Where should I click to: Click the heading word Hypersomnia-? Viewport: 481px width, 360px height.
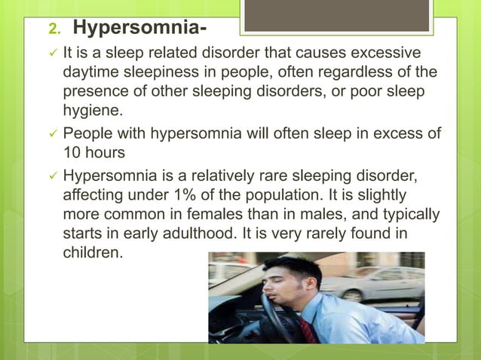coord(140,29)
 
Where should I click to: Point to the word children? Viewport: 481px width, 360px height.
coord(91,251)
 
